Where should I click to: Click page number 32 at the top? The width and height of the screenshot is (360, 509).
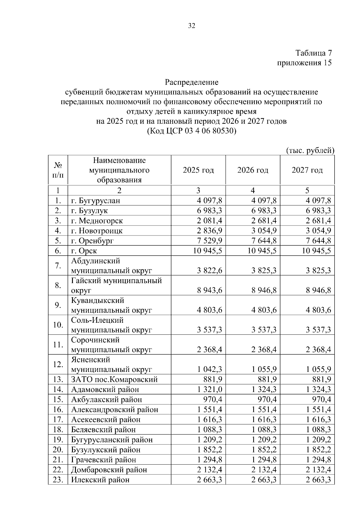click(x=192, y=26)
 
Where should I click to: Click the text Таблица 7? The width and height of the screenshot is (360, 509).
click(x=313, y=53)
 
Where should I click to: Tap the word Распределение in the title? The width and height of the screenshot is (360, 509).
click(x=192, y=82)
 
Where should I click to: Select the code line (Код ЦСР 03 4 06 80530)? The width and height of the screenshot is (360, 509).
click(x=192, y=131)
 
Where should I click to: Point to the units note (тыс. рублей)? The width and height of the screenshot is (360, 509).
click(x=310, y=150)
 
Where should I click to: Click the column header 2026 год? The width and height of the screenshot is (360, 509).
click(x=253, y=170)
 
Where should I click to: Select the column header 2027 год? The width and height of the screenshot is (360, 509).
click(x=307, y=170)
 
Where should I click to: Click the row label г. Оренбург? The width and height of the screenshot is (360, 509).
click(x=92, y=241)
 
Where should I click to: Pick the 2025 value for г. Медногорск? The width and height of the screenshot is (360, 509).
click(x=209, y=221)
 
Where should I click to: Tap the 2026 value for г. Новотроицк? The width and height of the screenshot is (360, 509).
click(x=264, y=231)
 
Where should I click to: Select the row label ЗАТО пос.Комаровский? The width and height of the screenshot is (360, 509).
click(x=114, y=379)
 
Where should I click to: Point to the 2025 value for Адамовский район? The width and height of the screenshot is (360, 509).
click(x=209, y=389)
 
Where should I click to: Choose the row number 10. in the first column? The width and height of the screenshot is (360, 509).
click(x=58, y=325)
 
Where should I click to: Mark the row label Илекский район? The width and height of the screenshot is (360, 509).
click(x=100, y=480)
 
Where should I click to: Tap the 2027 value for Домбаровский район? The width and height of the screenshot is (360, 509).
click(x=318, y=469)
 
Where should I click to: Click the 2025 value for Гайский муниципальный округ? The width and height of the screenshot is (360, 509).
click(x=209, y=290)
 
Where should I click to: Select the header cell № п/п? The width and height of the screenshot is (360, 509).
click(x=58, y=170)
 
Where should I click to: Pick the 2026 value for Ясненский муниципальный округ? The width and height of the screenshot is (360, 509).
click(x=264, y=370)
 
